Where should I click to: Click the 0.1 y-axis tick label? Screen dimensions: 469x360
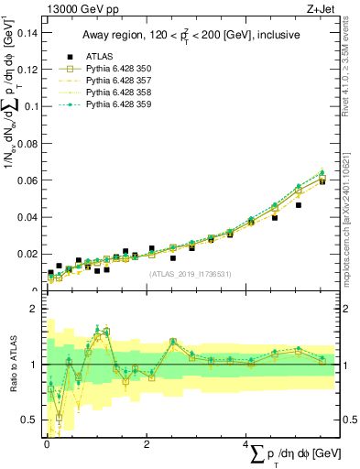click(x=30, y=106)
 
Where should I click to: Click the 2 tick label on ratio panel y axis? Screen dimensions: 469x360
click(x=34, y=309)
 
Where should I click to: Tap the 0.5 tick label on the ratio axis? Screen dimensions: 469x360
click(x=30, y=420)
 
